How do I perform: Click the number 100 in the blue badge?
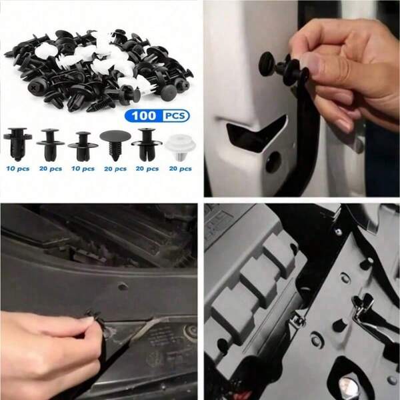[145, 116]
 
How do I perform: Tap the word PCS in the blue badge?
[175, 116]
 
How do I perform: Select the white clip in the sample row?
[177, 147]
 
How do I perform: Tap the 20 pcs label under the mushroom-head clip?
[115, 169]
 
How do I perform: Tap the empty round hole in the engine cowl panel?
[122, 287]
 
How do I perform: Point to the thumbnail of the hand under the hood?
[86, 321]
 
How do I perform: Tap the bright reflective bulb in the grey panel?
[346, 383]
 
